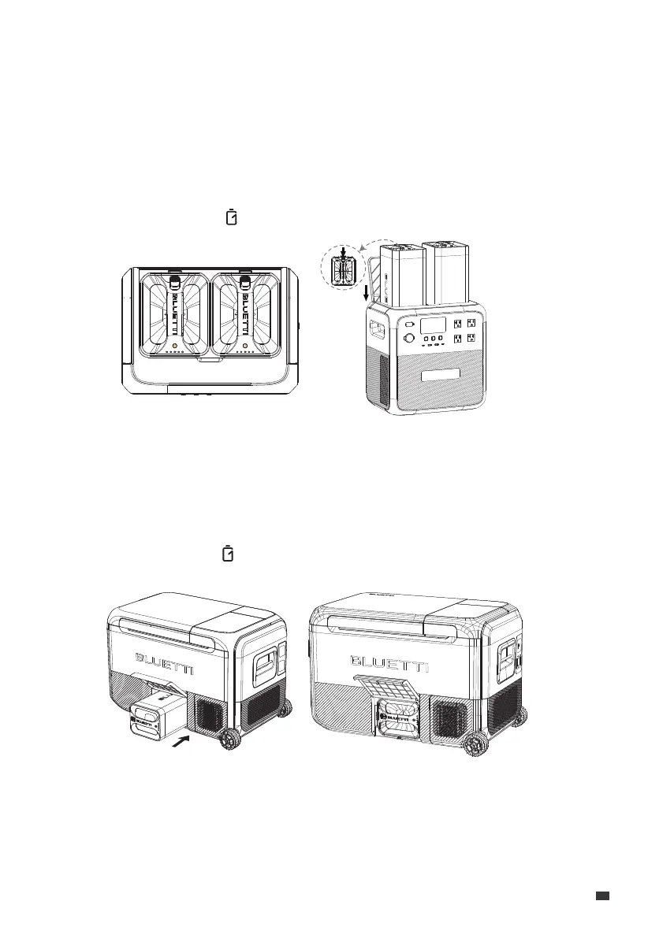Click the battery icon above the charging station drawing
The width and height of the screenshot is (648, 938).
pos(232,217)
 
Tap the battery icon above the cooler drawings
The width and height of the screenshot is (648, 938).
pos(228,554)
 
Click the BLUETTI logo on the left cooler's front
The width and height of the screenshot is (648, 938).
pos(169,657)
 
